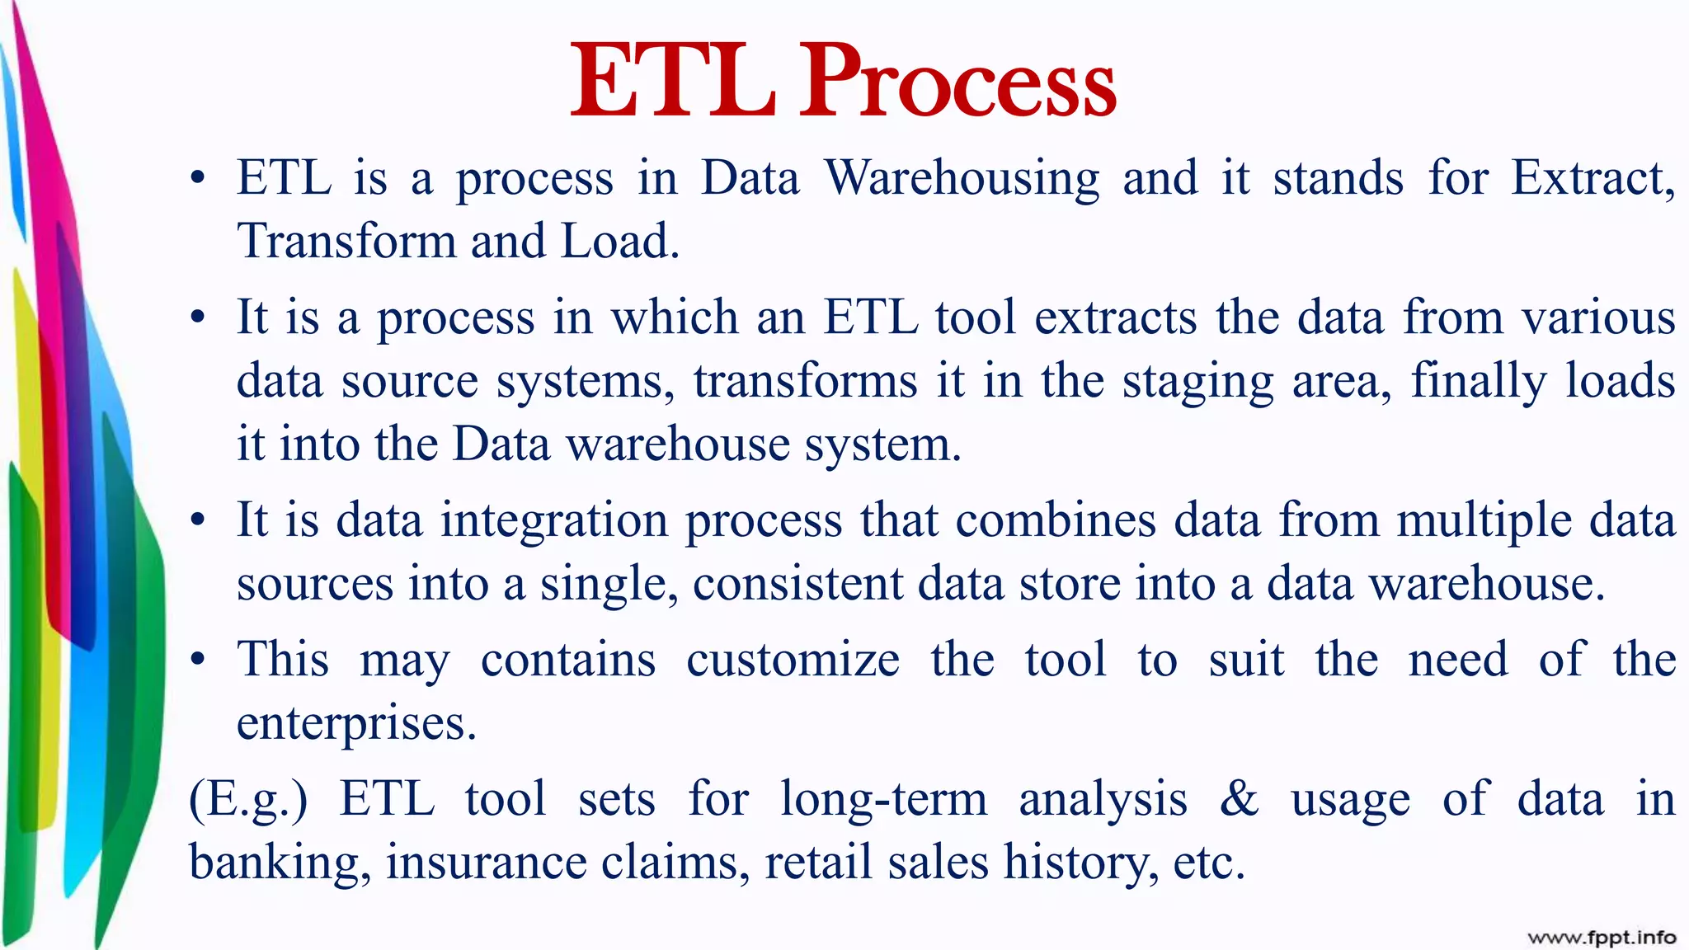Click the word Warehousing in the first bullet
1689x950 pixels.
coord(962,179)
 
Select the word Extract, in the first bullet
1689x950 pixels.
coord(1592,179)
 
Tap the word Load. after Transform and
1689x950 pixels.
coord(620,242)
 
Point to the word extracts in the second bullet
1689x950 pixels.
coord(1115,317)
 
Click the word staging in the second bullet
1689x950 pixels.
coord(1197,382)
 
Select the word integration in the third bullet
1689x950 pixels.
coord(554,521)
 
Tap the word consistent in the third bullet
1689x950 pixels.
coord(797,584)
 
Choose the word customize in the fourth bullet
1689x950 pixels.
coord(793,660)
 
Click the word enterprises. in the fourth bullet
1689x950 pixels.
coord(356,724)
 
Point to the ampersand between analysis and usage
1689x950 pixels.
coord(1239,798)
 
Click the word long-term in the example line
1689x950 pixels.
coord(883,800)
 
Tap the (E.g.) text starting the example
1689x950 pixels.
coord(248,800)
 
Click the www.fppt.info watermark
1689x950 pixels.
coord(1601,937)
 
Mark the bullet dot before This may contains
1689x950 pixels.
coord(197,661)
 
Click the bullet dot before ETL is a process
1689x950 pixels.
coord(197,179)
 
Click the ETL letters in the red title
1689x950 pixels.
coord(672,82)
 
